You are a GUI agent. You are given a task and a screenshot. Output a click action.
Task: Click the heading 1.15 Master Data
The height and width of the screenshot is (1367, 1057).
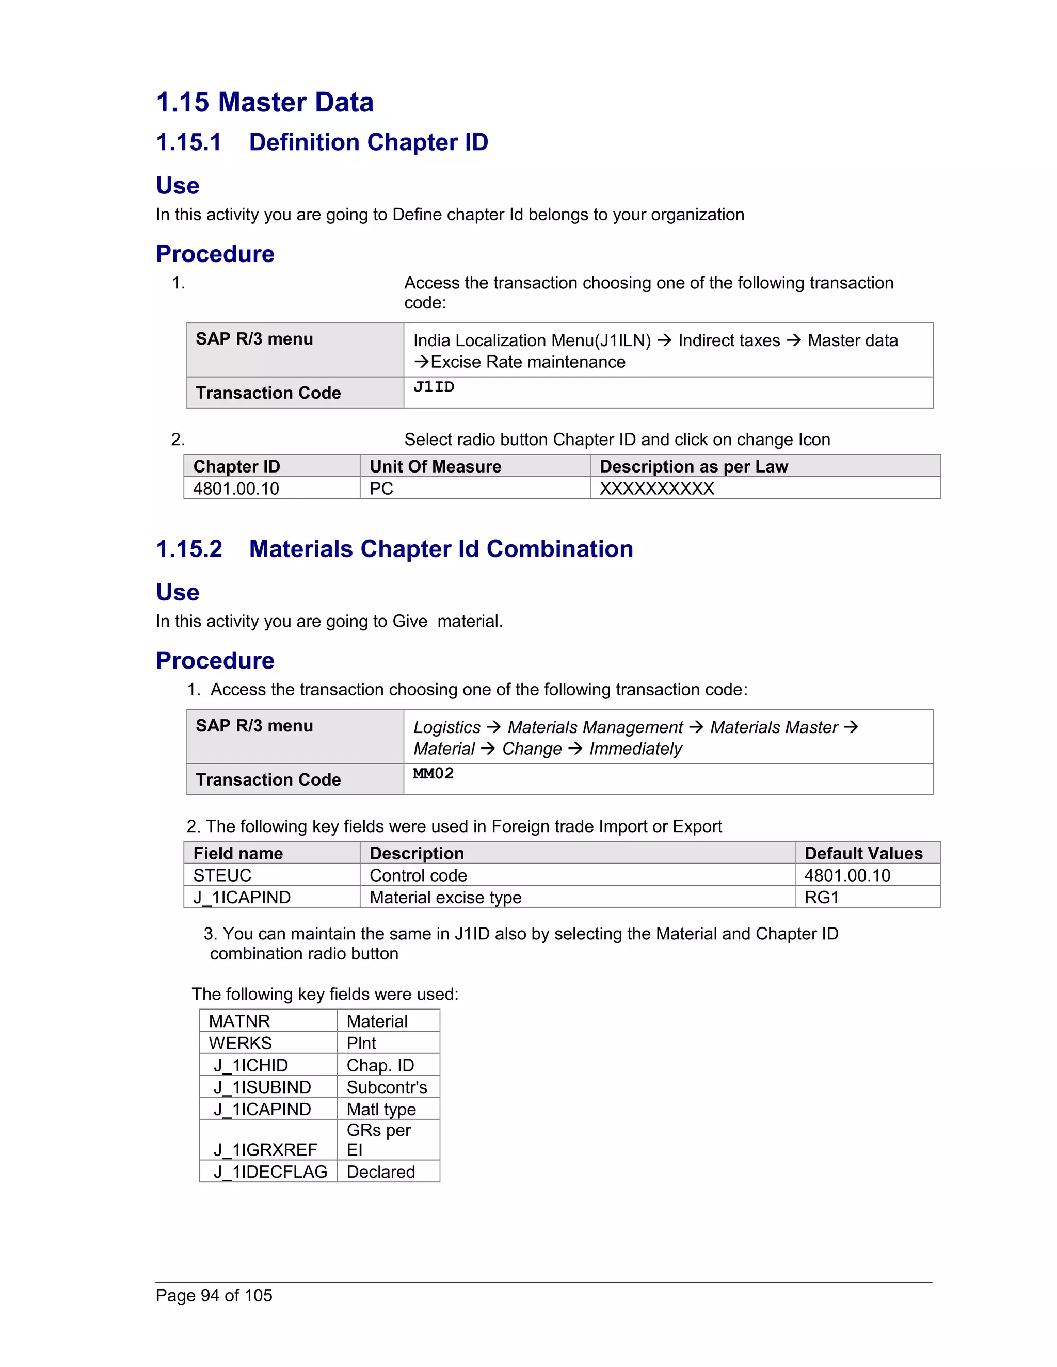click(264, 103)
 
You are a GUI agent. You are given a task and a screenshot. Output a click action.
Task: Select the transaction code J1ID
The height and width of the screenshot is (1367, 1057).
click(434, 387)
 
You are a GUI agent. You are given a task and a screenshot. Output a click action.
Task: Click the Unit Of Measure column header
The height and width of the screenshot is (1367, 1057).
click(435, 466)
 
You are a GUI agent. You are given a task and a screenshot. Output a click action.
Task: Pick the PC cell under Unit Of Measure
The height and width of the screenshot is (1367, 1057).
click(381, 489)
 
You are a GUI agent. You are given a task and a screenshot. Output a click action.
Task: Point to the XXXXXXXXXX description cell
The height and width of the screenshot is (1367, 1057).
click(656, 489)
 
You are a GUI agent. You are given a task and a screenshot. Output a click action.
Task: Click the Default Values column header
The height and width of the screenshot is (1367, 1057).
click(863, 853)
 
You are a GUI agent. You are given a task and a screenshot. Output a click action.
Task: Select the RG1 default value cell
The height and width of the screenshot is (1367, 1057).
click(821, 898)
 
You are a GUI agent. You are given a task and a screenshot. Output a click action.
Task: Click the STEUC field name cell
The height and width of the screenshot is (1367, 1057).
click(222, 876)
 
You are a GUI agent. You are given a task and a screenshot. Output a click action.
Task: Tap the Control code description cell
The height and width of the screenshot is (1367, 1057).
click(418, 876)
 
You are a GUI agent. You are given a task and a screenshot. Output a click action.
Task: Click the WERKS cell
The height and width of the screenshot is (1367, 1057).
click(241, 1044)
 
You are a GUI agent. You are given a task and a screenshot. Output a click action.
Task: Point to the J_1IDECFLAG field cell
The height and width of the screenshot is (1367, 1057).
click(270, 1171)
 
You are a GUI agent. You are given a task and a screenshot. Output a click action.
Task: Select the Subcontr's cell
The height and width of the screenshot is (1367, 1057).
click(387, 1087)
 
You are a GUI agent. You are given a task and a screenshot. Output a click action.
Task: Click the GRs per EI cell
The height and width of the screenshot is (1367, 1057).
click(378, 1140)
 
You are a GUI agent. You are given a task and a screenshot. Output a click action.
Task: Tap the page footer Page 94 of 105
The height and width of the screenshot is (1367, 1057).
click(214, 1296)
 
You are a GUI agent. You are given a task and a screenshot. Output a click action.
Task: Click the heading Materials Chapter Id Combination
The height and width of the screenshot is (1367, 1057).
click(441, 549)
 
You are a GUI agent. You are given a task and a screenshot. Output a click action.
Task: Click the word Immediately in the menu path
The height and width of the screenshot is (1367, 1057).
click(635, 748)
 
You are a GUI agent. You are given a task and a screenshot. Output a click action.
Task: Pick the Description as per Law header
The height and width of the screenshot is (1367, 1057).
click(693, 466)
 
